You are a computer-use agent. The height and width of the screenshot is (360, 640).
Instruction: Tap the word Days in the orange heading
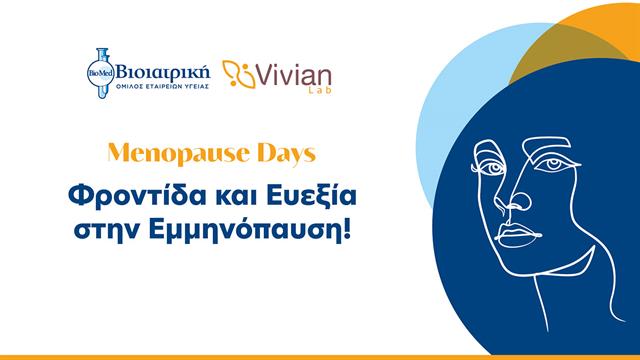tap(283, 156)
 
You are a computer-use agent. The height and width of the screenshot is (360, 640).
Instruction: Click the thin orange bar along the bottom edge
tap(320, 356)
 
